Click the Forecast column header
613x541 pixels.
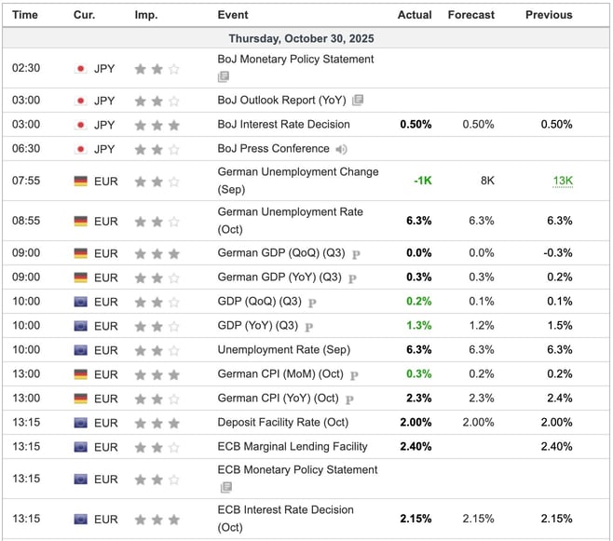[x=470, y=15]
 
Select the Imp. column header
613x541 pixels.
[x=145, y=15]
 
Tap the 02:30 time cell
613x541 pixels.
[x=25, y=68]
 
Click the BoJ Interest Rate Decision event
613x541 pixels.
[x=283, y=124]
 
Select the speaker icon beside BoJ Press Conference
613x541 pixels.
[x=342, y=149]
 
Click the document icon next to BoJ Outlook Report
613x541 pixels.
[x=358, y=101]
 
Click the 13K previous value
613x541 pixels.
[x=562, y=181]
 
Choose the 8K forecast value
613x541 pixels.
[x=487, y=181]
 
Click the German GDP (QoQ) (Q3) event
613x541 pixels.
[x=282, y=253]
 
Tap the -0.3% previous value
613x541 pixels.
[x=558, y=253]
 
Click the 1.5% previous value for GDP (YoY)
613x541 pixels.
[x=561, y=326]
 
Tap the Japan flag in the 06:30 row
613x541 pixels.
[x=80, y=149]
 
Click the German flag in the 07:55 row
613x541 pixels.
[x=80, y=181]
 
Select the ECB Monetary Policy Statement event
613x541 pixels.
[x=297, y=470]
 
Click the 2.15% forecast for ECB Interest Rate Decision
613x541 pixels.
[x=478, y=519]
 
